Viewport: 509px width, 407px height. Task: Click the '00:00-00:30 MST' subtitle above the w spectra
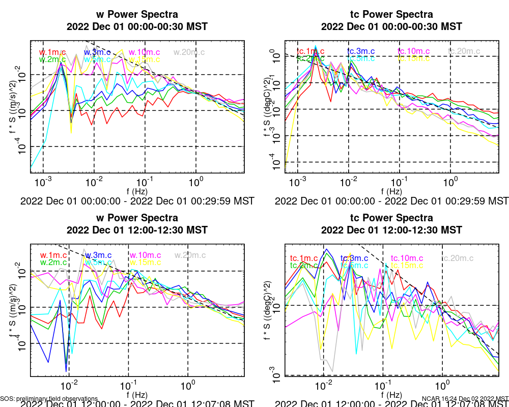137,26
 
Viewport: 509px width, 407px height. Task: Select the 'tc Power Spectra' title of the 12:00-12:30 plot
392,218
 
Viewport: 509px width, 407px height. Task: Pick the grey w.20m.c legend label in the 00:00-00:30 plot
189,52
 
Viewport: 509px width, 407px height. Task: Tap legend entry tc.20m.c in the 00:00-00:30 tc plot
464,51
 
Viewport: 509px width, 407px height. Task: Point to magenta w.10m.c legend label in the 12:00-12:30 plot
145,255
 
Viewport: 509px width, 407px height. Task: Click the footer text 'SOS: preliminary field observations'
49,399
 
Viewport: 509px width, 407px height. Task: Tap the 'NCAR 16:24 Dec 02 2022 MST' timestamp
465,399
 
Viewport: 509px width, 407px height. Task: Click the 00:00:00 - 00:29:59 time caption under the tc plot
392,200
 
